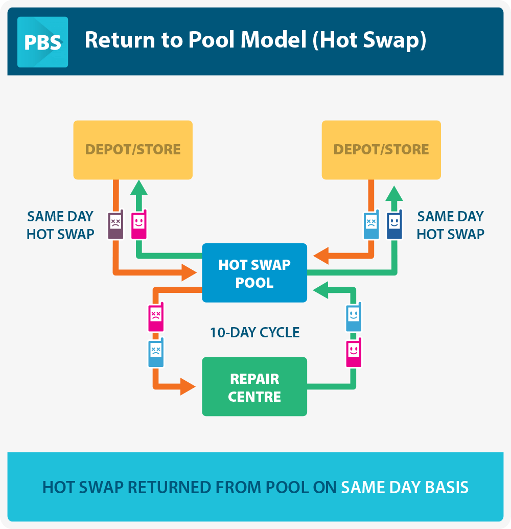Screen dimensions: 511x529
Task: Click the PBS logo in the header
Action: click(x=42, y=42)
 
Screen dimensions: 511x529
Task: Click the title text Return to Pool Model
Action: click(x=196, y=40)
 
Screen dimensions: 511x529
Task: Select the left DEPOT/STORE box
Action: click(x=133, y=150)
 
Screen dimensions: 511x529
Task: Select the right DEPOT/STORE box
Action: click(x=381, y=150)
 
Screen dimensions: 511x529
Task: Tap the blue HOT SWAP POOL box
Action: click(x=254, y=272)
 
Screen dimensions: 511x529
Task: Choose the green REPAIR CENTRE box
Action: click(x=254, y=386)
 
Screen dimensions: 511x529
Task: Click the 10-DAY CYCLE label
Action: click(x=254, y=333)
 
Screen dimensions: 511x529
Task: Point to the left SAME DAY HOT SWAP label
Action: click(x=60, y=225)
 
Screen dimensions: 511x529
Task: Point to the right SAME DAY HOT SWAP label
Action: click(x=450, y=225)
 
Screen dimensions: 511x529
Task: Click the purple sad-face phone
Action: click(x=115, y=224)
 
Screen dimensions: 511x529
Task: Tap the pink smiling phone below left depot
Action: click(x=139, y=224)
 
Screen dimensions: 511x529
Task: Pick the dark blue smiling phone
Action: click(x=394, y=224)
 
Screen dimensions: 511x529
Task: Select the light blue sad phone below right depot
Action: click(x=371, y=224)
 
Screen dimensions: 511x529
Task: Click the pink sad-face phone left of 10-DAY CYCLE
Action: click(x=156, y=317)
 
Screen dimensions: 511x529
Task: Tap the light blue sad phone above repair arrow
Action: click(x=156, y=352)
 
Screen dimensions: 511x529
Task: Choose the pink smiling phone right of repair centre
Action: click(x=354, y=352)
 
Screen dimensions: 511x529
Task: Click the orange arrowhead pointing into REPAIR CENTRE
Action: click(x=188, y=386)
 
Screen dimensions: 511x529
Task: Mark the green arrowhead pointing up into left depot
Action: click(x=139, y=188)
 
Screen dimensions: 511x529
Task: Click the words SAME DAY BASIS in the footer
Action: click(x=405, y=487)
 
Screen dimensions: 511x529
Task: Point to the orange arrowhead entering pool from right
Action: click(x=321, y=256)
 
